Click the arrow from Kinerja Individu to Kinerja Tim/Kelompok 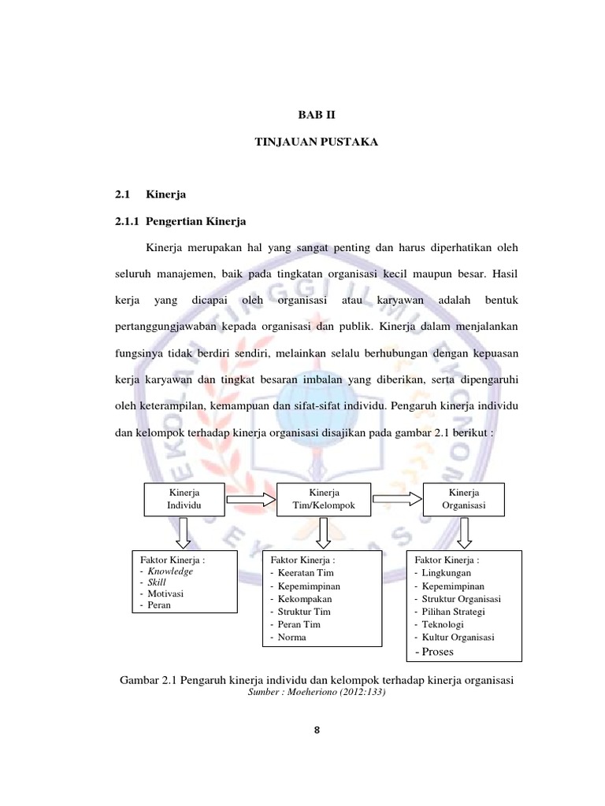point(253,497)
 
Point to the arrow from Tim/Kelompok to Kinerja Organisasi point(397,497)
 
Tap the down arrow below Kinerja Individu point(183,532)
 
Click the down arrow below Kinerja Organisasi point(464,532)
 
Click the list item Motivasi point(165,593)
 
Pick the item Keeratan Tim point(306,573)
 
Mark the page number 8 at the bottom point(317,730)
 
